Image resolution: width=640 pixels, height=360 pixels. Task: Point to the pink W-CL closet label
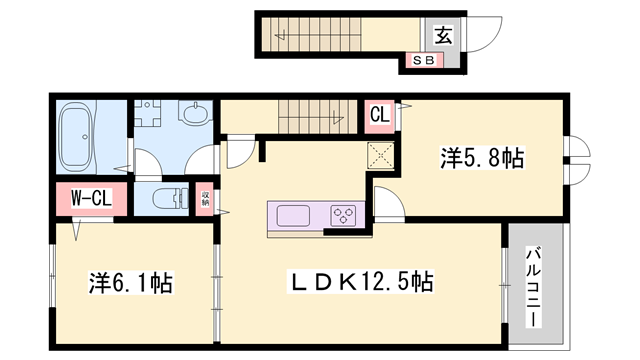(89, 198)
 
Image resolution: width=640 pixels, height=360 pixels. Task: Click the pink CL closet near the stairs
(380, 113)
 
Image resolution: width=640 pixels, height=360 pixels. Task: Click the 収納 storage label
(205, 198)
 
